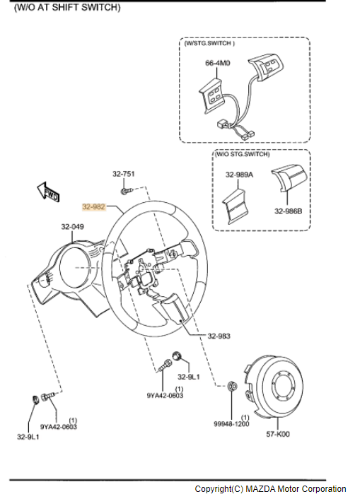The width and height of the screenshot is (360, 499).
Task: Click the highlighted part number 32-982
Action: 93,207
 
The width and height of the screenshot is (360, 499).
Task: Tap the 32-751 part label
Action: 124,174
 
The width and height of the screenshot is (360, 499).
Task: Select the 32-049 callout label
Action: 73,227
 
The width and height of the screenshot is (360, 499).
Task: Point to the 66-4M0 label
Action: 218,63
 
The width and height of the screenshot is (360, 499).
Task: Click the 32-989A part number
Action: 239,175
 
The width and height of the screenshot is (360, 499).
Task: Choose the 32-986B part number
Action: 289,211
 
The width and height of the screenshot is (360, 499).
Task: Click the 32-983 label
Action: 219,336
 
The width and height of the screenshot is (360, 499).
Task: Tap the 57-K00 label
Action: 278,434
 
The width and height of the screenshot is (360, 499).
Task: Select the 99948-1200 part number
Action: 231,424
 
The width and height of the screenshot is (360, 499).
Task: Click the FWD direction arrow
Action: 48,192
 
